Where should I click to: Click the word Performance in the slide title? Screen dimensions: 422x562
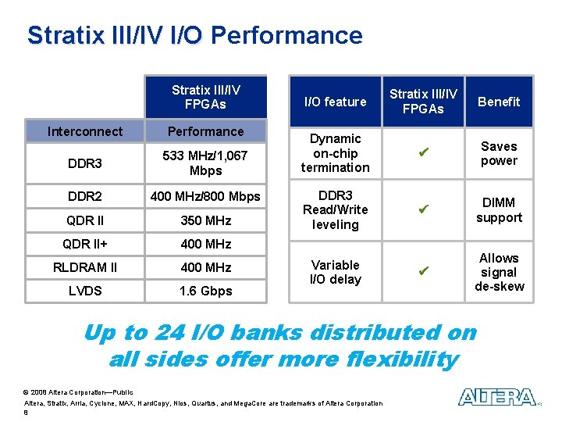tap(286, 35)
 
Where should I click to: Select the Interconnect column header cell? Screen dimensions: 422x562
tap(85, 131)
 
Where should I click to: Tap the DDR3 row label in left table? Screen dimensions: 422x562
tap(85, 163)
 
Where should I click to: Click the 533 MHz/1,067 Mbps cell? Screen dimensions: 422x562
tap(206, 163)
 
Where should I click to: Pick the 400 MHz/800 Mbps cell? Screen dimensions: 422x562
tap(206, 195)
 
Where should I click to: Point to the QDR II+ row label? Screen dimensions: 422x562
tap(85, 244)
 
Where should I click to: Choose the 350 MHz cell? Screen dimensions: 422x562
tap(206, 220)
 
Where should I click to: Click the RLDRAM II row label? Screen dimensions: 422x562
tap(85, 267)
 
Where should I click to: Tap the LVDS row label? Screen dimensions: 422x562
tap(85, 291)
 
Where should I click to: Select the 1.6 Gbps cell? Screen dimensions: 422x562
tap(206, 291)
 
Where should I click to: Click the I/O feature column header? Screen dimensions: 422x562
tap(335, 102)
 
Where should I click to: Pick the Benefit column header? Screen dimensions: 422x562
tap(499, 102)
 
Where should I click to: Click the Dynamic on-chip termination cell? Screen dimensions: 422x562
tap(335, 153)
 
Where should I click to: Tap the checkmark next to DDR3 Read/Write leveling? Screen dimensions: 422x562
tap(423, 210)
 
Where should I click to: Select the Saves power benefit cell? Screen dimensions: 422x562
tap(499, 153)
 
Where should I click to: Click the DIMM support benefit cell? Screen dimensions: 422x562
tap(499, 210)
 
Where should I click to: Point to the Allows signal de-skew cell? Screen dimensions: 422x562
tap(499, 272)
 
